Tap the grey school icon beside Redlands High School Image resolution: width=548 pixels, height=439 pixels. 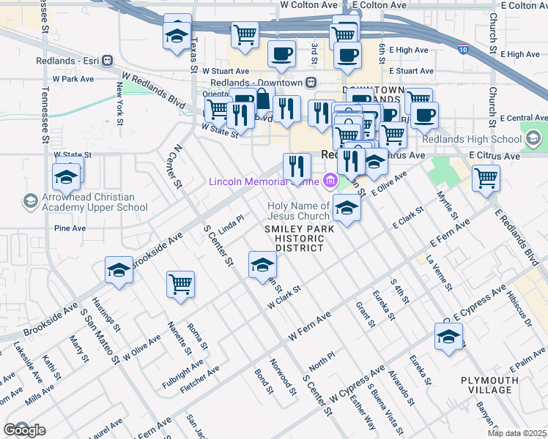pyautogui.click(x=533, y=138)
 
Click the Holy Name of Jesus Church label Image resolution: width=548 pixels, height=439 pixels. pyautogui.click(x=298, y=211)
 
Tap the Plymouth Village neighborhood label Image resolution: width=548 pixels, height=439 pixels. pyautogui.click(x=490, y=386)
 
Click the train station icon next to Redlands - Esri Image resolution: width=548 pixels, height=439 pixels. pyautogui.click(x=107, y=60)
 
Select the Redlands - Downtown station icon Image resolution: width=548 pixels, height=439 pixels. pyautogui.click(x=311, y=82)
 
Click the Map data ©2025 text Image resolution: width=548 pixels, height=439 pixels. pyautogui.click(x=516, y=433)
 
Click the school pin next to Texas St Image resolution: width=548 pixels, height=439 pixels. pyautogui.click(x=177, y=34)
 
